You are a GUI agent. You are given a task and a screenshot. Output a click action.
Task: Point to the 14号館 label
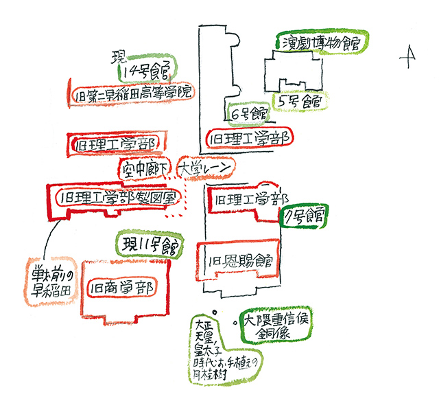click(x=147, y=69)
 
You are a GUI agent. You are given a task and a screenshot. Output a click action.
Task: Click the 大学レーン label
click(x=205, y=167)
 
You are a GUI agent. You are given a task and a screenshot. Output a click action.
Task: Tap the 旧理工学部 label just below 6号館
click(x=250, y=137)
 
